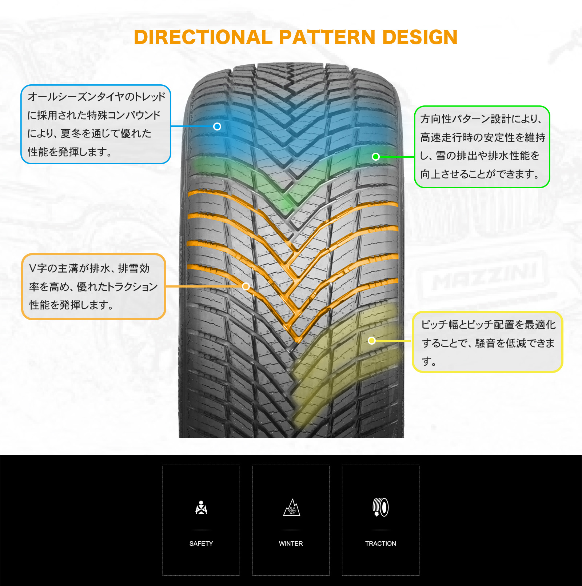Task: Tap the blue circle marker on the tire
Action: [217, 127]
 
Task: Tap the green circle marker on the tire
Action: [376, 157]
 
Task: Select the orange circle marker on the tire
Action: [246, 286]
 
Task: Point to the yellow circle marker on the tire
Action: [372, 341]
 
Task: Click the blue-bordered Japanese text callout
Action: [96, 124]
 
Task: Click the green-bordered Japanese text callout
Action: [482, 147]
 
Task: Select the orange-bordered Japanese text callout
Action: [93, 286]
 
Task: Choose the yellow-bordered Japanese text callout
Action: [487, 342]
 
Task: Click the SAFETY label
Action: [201, 543]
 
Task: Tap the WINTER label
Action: [291, 543]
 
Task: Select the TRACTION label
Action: [380, 543]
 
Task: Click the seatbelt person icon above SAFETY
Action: [201, 507]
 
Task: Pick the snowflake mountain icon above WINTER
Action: [291, 507]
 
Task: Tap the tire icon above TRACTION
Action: [380, 507]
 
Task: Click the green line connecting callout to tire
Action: [397, 157]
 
